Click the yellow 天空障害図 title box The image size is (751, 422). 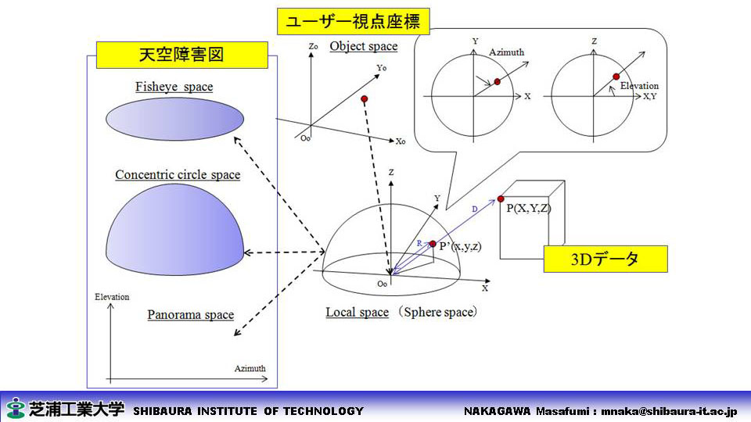click(x=182, y=55)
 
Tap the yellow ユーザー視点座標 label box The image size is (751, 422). click(x=353, y=22)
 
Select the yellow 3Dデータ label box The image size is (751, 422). click(x=605, y=259)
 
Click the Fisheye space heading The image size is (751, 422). click(x=174, y=87)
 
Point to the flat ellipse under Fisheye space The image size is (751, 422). click(x=174, y=119)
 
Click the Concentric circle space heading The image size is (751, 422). click(x=178, y=174)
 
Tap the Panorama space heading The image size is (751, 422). click(x=191, y=314)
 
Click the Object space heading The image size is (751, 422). click(x=364, y=46)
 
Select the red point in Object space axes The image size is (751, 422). click(x=365, y=99)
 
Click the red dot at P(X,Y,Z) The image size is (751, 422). click(x=501, y=198)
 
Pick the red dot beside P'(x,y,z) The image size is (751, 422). click(x=433, y=244)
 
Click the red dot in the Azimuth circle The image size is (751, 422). click(x=498, y=82)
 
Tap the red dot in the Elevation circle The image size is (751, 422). click(x=616, y=77)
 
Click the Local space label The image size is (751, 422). click(x=358, y=312)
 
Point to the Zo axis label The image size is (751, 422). click(x=313, y=46)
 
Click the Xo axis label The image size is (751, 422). click(x=401, y=141)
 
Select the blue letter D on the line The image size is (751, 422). click(x=475, y=209)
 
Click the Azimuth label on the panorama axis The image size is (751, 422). click(x=250, y=368)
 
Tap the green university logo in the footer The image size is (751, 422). click(x=16, y=408)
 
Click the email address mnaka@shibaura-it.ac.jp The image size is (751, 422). click(x=670, y=411)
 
